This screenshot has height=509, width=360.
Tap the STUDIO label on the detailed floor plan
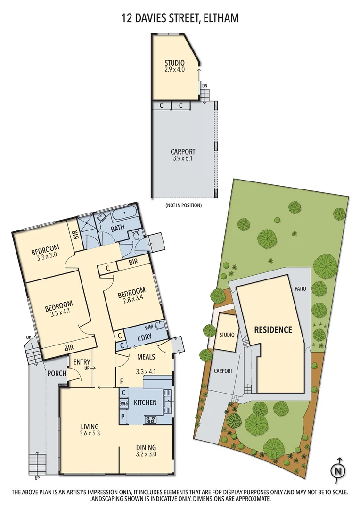click(x=174, y=63)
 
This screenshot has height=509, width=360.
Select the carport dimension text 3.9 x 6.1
click(x=183, y=159)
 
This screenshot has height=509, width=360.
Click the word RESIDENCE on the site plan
click(x=273, y=329)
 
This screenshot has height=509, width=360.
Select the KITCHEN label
click(x=145, y=402)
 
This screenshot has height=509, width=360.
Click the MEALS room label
click(x=146, y=357)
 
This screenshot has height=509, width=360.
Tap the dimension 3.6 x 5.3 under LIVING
click(x=89, y=434)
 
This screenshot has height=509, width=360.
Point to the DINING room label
click(x=146, y=447)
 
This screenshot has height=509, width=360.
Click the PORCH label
click(x=57, y=374)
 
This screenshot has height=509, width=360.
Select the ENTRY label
click(x=82, y=362)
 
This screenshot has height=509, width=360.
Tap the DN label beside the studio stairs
click(x=205, y=85)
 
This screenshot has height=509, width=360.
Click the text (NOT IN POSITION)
click(x=183, y=205)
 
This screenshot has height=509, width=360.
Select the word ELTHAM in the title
click(x=221, y=18)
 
